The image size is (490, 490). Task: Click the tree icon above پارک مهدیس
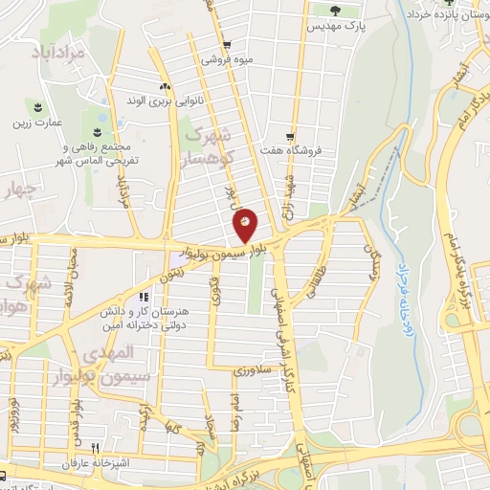334,11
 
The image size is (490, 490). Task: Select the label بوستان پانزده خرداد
446,15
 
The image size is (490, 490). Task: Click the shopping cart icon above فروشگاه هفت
289,136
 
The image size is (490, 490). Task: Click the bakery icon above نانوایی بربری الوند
166,85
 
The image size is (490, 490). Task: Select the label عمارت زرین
37,122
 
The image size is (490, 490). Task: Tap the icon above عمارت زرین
38,105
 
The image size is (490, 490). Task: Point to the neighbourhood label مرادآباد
56,52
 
